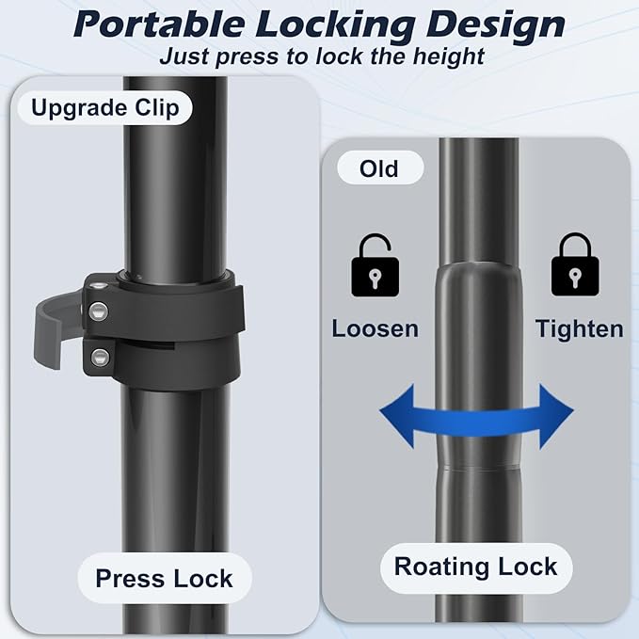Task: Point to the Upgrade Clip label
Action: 105,108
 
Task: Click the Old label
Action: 379,168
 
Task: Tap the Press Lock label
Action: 165,578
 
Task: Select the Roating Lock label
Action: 476,567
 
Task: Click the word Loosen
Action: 375,328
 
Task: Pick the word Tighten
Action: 579,329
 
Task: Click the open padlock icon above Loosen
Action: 375,265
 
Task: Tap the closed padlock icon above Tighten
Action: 575,264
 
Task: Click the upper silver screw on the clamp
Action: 99,312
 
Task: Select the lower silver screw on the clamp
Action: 100,358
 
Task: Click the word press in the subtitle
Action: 248,57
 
